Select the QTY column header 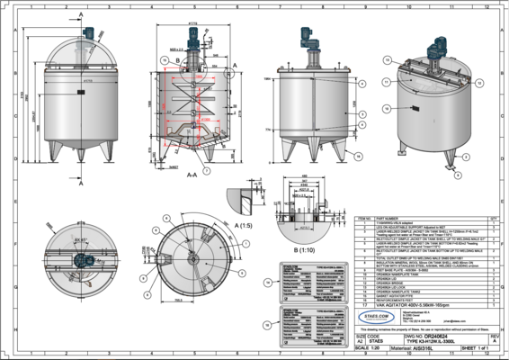pyautogui.click(x=492, y=217)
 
